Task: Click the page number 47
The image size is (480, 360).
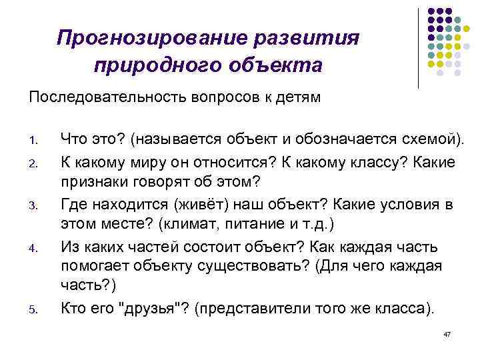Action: pyautogui.click(x=447, y=333)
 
